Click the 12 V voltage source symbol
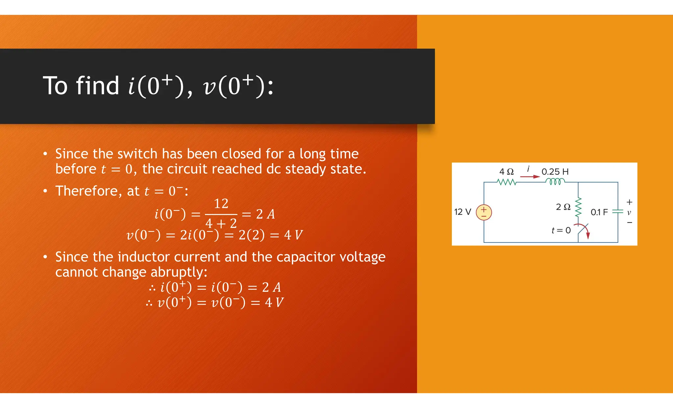[x=484, y=212]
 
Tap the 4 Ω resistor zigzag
[x=506, y=182]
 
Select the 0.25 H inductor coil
[x=555, y=182]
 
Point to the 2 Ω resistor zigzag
[x=578, y=207]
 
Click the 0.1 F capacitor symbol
[x=618, y=212]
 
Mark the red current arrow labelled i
[x=530, y=177]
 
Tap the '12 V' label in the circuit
[x=462, y=212]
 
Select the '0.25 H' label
[x=555, y=172]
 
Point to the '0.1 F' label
[x=599, y=212]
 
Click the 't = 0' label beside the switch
[x=561, y=230]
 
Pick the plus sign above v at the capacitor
[x=629, y=202]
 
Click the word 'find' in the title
[x=98, y=86]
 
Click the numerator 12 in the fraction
[x=221, y=204]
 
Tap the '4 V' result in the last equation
[x=274, y=302]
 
